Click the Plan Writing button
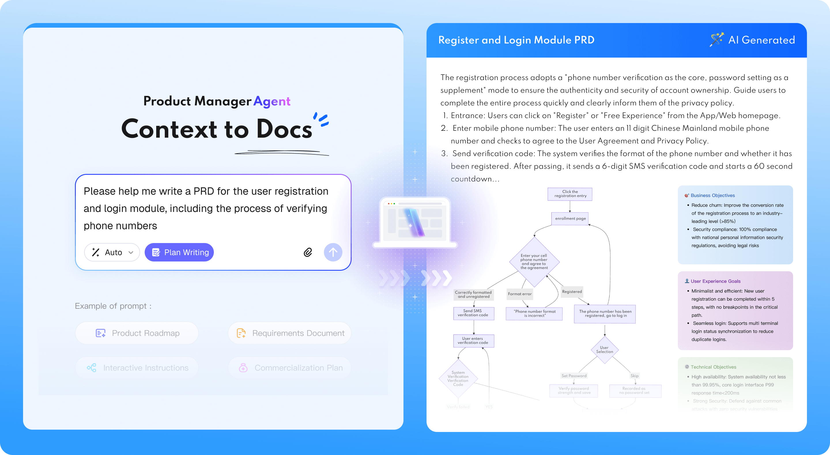tap(179, 252)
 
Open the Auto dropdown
tap(112, 252)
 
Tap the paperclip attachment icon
tap(308, 252)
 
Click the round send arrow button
tap(333, 252)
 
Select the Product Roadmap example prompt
tap(137, 333)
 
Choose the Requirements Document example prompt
tap(290, 333)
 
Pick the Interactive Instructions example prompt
tap(137, 368)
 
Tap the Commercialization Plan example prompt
tap(290, 368)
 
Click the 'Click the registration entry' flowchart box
tap(570, 194)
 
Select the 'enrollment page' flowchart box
tap(570, 218)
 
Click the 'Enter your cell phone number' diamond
tap(534, 261)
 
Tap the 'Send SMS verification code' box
tap(473, 313)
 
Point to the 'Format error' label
tap(519, 294)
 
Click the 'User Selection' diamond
tap(604, 350)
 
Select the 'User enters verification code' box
tap(473, 341)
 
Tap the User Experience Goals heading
tap(715, 281)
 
